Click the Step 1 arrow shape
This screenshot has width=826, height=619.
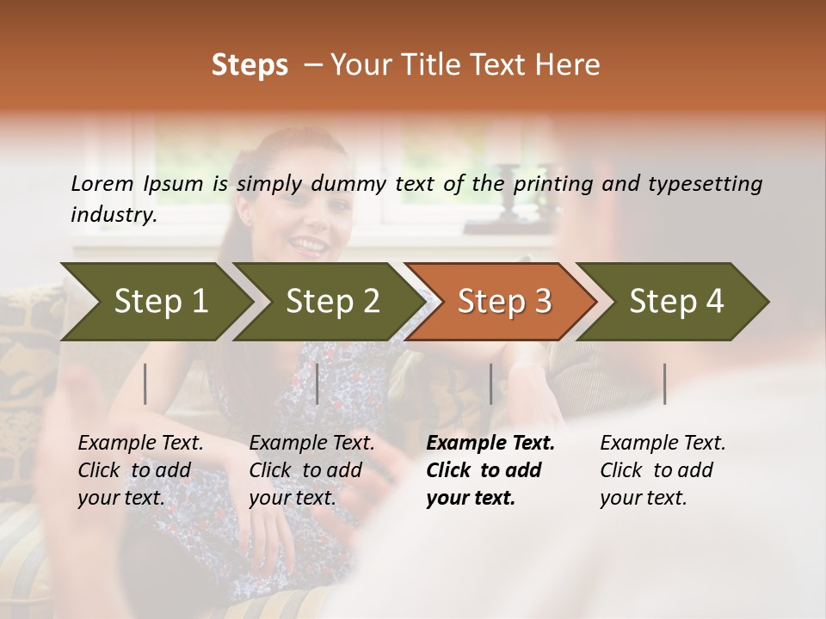tap(160, 301)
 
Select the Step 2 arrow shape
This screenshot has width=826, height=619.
tap(332, 301)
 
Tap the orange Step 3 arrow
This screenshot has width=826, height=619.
tap(504, 301)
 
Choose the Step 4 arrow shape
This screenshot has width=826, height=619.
tap(676, 301)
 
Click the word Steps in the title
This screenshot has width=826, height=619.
tap(250, 64)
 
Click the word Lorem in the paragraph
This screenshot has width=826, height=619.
tap(102, 183)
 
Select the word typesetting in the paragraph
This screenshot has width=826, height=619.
tap(705, 183)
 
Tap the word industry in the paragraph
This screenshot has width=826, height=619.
tap(114, 214)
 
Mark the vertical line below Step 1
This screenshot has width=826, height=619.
tap(145, 383)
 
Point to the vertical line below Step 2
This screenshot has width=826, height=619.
tap(317, 383)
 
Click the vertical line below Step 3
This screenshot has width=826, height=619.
tap(490, 383)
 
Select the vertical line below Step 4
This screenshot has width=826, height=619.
tap(665, 383)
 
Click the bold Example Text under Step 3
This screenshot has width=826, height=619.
tap(490, 444)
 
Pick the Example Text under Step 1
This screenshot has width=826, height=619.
tap(140, 444)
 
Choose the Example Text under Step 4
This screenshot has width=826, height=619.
tap(663, 444)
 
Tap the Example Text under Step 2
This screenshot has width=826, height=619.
tap(311, 444)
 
